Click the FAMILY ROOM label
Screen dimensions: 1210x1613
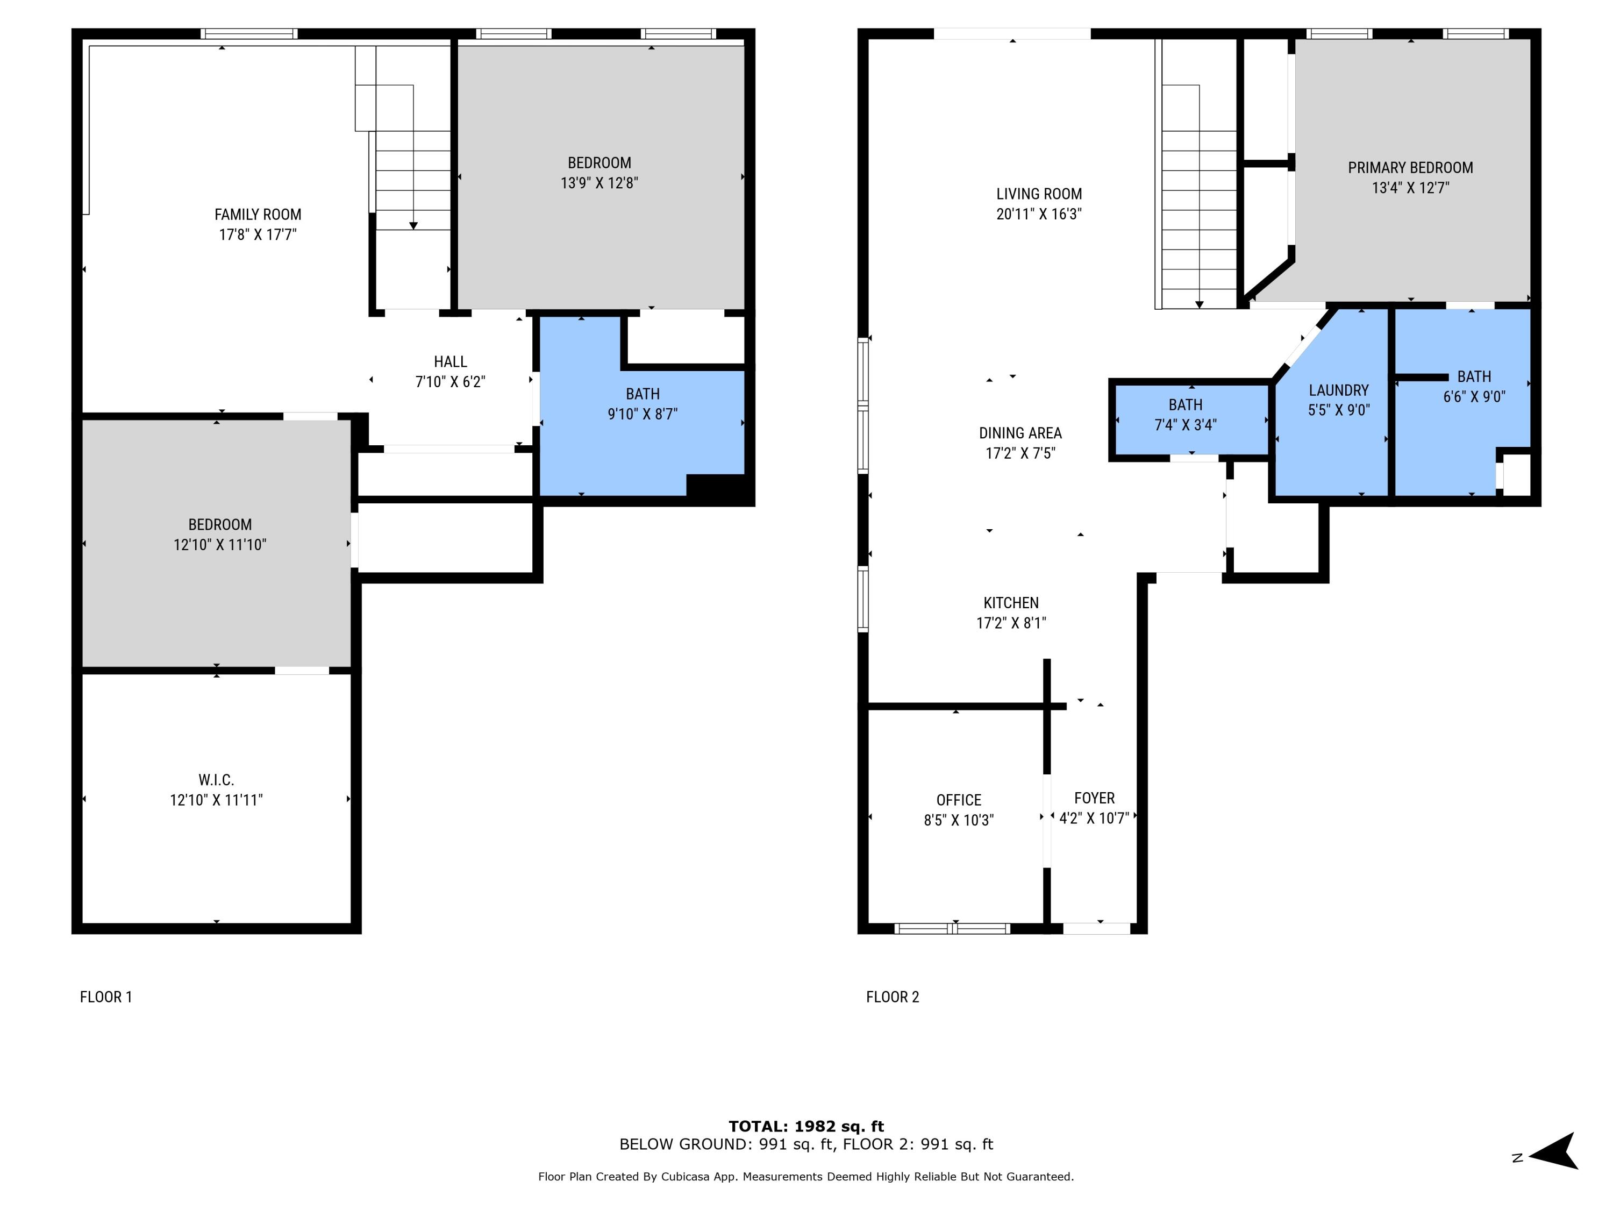tap(258, 215)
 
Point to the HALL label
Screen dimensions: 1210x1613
tap(450, 362)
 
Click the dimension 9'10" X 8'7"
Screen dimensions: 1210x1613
tap(643, 414)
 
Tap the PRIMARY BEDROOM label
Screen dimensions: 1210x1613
tap(1410, 168)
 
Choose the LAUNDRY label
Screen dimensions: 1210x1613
tap(1338, 390)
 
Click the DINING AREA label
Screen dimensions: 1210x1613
tap(1019, 433)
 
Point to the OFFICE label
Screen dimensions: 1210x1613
tap(958, 800)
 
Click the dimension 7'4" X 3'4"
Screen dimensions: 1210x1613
tap(1185, 424)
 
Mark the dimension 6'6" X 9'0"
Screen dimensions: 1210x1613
tap(1474, 397)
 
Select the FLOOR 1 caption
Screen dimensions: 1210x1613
tap(106, 997)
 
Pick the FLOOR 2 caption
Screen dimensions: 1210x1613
tap(892, 997)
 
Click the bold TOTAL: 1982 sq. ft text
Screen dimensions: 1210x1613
tap(806, 1126)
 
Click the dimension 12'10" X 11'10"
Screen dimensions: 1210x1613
tap(219, 545)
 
